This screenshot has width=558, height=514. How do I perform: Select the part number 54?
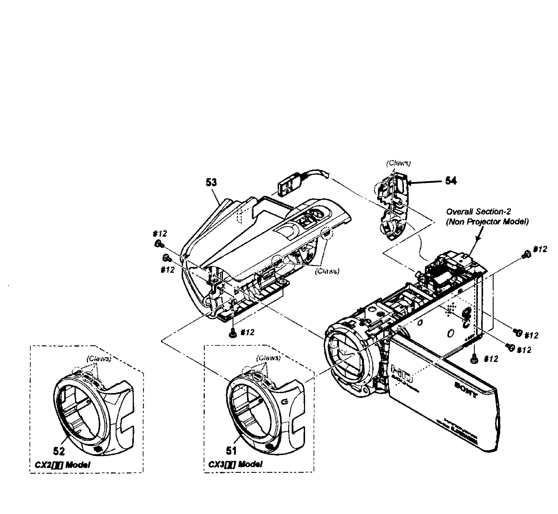tap(451, 181)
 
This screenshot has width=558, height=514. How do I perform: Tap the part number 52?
tap(59, 451)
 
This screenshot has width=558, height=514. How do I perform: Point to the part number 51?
tap(231, 451)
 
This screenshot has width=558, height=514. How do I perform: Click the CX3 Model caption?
tap(235, 464)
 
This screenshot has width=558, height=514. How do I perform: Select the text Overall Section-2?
tap(478, 212)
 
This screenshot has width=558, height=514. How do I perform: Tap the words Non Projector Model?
tap(487, 222)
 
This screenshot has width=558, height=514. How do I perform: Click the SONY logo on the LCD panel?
tap(466, 390)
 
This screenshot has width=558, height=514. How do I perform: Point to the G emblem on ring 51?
tap(284, 402)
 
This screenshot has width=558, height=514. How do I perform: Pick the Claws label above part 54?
tap(398, 163)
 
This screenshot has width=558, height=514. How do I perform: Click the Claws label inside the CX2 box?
tap(99, 359)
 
